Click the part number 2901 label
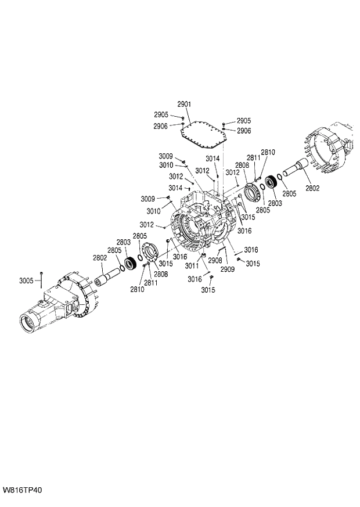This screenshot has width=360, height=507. pyautogui.click(x=184, y=104)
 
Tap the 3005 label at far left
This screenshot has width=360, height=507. pyautogui.click(x=26, y=281)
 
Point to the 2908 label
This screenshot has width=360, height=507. pyautogui.click(x=215, y=260)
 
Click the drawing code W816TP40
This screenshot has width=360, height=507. pyautogui.click(x=22, y=491)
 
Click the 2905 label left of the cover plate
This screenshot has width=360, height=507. pyautogui.click(x=161, y=114)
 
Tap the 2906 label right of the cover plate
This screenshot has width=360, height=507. pyautogui.click(x=243, y=131)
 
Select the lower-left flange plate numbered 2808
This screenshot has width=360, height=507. pyautogui.click(x=150, y=255)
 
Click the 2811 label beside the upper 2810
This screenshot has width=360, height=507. pyautogui.click(x=254, y=157)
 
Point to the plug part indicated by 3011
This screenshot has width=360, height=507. pyautogui.click(x=204, y=256)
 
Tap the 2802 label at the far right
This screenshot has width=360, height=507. pyautogui.click(x=312, y=188)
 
